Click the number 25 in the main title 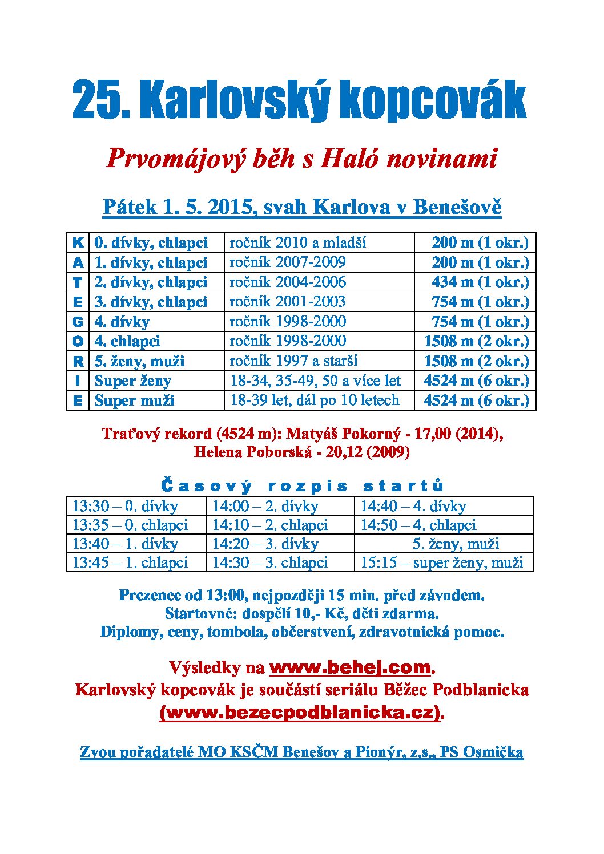(94, 100)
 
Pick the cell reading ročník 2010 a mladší (297, 242)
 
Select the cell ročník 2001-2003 (288, 302)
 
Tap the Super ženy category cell (133, 381)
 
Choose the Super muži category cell (135, 400)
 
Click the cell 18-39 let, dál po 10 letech (315, 400)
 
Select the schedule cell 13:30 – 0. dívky (125, 506)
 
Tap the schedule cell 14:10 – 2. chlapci (270, 525)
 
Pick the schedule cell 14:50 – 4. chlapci (418, 525)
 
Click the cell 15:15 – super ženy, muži (442, 562)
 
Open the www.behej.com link (349, 667)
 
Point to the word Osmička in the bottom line (493, 752)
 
